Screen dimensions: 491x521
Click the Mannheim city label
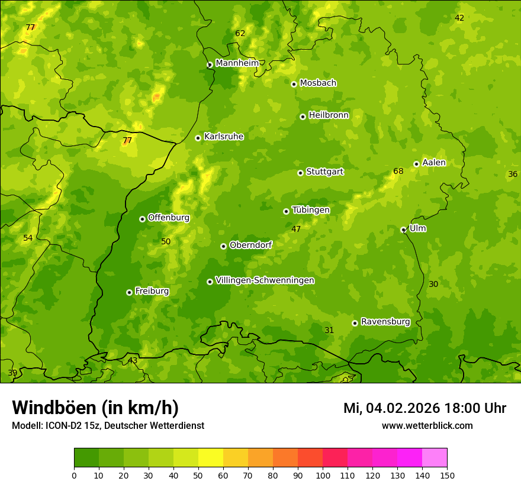click(x=237, y=63)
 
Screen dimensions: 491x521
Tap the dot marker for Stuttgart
click(x=301, y=173)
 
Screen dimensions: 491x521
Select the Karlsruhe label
click(x=224, y=137)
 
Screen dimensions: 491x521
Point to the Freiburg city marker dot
click(x=129, y=292)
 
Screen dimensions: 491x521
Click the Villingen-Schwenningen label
click(x=265, y=280)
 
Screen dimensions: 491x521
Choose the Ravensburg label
click(x=385, y=322)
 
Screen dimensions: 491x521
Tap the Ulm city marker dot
click(x=404, y=230)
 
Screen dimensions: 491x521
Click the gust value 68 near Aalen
click(x=398, y=172)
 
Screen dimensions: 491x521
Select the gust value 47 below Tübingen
click(x=296, y=229)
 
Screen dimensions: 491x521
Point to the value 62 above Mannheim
click(x=240, y=34)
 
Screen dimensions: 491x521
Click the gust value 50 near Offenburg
click(x=166, y=241)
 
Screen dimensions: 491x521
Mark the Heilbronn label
click(x=329, y=115)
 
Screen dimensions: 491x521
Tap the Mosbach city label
click(x=318, y=83)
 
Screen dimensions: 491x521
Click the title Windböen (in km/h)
click(x=95, y=408)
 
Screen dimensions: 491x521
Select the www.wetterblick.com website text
click(x=427, y=425)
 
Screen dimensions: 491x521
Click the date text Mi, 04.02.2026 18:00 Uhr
click(x=424, y=408)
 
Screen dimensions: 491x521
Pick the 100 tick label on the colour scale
click(x=323, y=475)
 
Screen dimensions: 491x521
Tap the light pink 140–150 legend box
click(x=435, y=458)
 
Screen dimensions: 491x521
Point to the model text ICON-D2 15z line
click(x=108, y=425)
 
